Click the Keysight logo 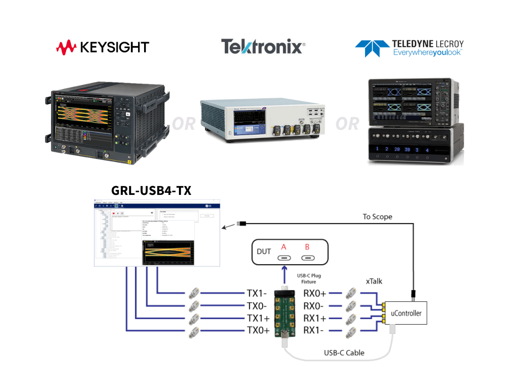[102, 47]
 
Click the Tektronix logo [263, 46]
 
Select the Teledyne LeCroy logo [409, 48]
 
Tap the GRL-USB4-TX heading [151, 191]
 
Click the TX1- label [257, 293]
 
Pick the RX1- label [315, 330]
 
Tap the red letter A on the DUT [283, 247]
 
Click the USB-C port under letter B [308, 258]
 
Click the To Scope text [377, 217]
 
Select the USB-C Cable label [344, 352]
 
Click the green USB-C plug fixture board [284, 313]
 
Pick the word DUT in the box [263, 252]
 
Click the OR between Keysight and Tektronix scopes [184, 124]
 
